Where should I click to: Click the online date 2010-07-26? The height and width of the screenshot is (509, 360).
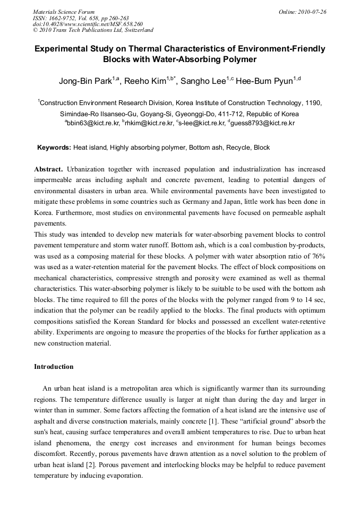pyautogui.click(x=312, y=12)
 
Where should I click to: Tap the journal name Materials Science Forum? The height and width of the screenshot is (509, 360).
pyautogui.click(x=64, y=12)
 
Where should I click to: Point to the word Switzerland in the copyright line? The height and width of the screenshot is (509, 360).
pyautogui.click(x=137, y=30)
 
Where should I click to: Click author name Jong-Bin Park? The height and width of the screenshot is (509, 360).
pyautogui.click(x=87, y=81)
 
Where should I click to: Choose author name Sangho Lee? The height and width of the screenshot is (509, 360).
pyautogui.click(x=201, y=81)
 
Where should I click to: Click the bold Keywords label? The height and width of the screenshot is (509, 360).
pyautogui.click(x=54, y=148)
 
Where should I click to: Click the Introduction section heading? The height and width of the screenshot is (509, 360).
pyautogui.click(x=54, y=367)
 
